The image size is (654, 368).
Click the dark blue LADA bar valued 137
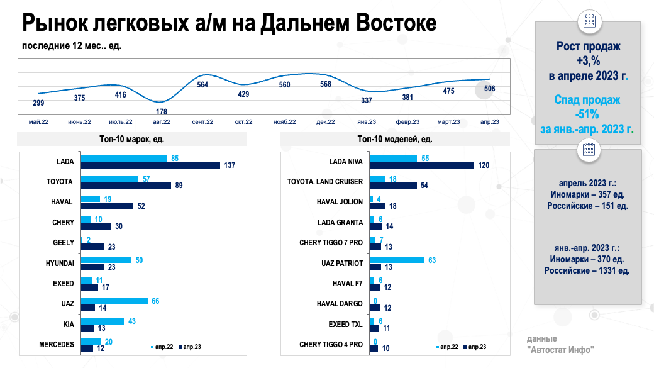click(x=150, y=165)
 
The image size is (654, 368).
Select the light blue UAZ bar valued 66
click(x=114, y=301)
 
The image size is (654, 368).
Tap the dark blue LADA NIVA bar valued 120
click(x=422, y=165)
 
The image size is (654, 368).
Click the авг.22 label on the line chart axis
click(x=162, y=121)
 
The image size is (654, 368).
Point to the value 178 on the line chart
click(x=162, y=112)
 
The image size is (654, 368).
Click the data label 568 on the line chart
click(x=326, y=84)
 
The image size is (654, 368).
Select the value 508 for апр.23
click(x=490, y=89)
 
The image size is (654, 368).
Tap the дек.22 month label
click(x=326, y=121)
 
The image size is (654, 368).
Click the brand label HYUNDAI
click(x=60, y=263)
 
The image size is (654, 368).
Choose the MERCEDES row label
click(x=56, y=344)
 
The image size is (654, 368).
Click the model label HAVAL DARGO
click(x=340, y=304)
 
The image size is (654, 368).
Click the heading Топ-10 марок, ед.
click(x=131, y=139)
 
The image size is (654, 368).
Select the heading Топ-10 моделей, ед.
click(x=394, y=139)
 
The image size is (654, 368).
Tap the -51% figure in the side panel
click(x=587, y=114)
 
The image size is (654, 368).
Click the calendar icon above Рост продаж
click(x=589, y=21)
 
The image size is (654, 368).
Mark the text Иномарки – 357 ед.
click(x=587, y=194)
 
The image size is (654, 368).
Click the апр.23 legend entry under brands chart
click(x=189, y=347)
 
